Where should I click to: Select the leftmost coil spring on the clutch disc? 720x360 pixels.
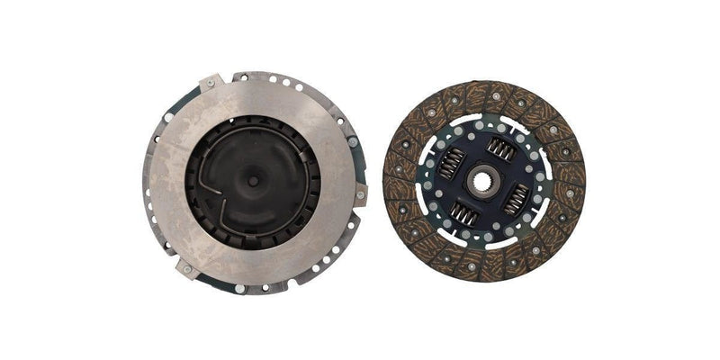click(453, 163)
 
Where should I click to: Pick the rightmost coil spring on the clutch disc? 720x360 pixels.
click(516, 198)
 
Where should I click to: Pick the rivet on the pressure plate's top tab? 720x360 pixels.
click(211, 83)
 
